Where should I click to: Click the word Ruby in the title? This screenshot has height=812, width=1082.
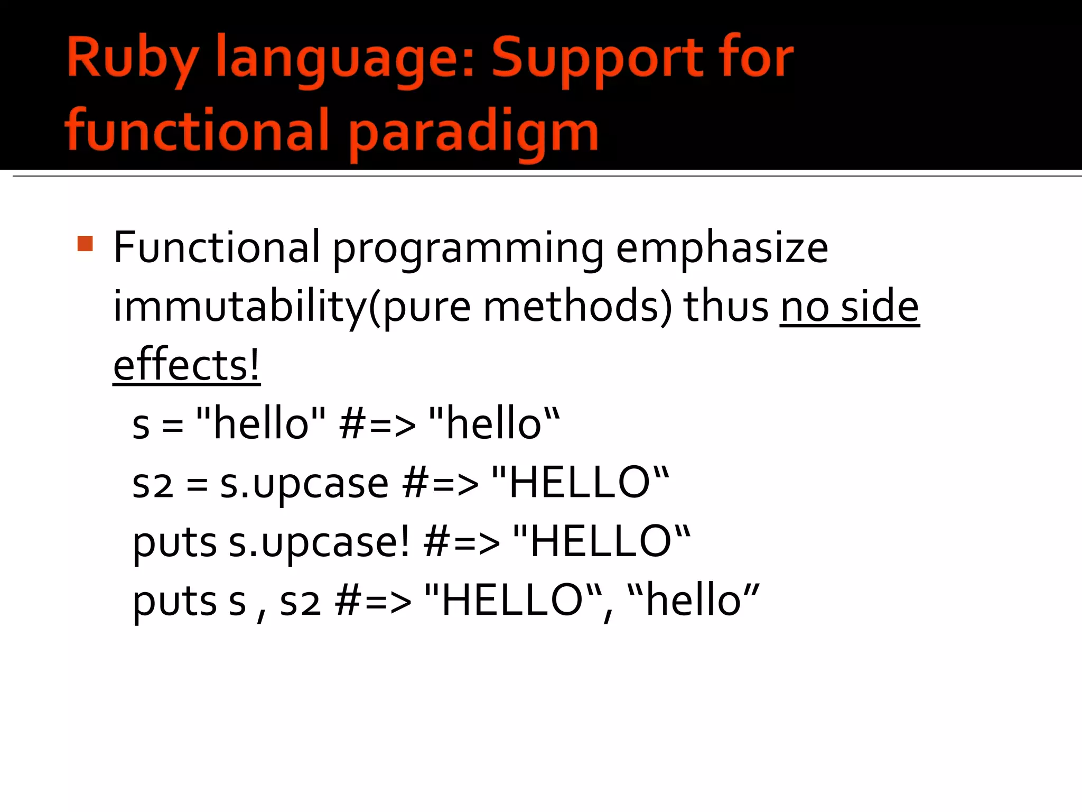point(133,59)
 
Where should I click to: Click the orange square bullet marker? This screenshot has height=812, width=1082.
point(85,244)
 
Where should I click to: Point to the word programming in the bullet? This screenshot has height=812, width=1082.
point(468,248)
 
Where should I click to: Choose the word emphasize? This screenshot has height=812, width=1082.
point(722,248)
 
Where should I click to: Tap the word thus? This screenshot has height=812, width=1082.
point(726,306)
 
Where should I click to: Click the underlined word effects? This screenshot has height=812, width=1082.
point(186,365)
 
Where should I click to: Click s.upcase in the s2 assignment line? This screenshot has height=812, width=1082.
point(304,484)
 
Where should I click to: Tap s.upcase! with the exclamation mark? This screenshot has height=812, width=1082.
point(319,542)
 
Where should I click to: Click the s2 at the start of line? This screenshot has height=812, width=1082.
point(152,484)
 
